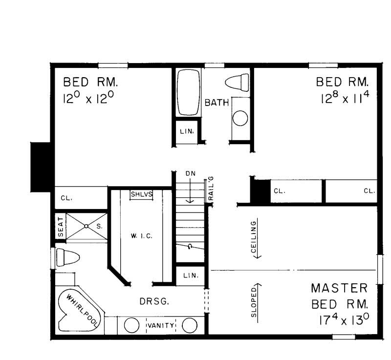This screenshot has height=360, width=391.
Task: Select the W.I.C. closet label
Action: click(x=143, y=236)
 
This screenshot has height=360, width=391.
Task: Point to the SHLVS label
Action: click(x=142, y=194)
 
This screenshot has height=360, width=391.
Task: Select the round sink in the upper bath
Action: click(x=240, y=118)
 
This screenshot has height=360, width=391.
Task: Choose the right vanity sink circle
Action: click(x=190, y=326)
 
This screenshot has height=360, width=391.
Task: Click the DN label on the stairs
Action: click(x=190, y=173)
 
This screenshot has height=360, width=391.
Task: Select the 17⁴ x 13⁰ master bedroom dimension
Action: click(x=339, y=321)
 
